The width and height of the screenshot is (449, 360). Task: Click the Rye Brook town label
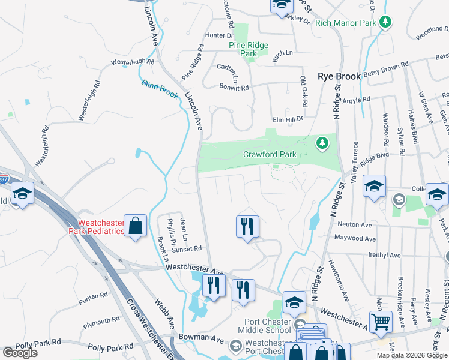point(339,76)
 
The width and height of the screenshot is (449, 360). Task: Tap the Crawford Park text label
point(270,154)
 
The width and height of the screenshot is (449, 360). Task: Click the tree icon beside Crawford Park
point(323,142)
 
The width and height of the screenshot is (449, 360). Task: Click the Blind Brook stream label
point(160,88)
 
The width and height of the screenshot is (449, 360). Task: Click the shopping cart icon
point(381,322)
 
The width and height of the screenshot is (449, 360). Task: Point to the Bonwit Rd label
point(234,88)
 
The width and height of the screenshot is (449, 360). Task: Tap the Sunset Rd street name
point(188,248)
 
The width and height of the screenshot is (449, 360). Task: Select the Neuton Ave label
point(355,224)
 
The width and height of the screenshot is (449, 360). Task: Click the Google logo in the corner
point(20,353)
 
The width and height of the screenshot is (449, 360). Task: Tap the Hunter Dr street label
point(218,36)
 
